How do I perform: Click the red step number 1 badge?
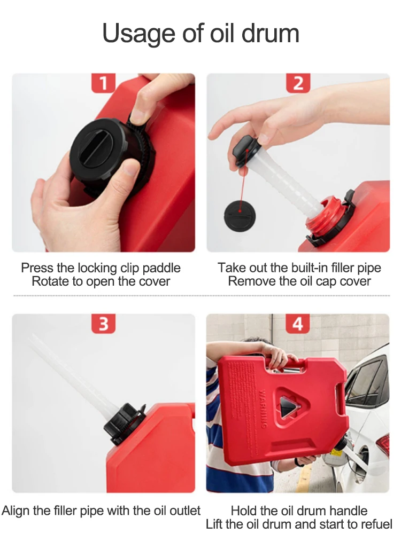click(x=103, y=83)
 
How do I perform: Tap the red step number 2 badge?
click(x=298, y=83)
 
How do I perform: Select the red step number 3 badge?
click(x=103, y=324)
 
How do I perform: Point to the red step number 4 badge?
click(x=298, y=324)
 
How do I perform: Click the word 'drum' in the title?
click(x=270, y=34)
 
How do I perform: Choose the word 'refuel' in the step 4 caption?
click(x=376, y=524)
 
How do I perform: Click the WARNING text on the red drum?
click(x=264, y=409)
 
